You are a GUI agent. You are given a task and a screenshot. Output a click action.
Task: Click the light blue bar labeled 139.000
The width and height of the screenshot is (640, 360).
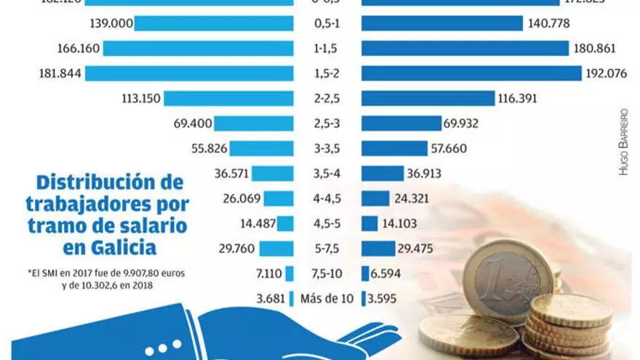214,23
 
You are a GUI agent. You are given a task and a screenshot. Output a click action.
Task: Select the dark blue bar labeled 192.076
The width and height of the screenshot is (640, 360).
471,73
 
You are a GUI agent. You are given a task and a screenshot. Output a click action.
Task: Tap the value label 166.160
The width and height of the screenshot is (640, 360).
78,49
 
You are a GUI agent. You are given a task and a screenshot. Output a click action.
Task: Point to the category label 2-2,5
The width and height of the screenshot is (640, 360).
327,98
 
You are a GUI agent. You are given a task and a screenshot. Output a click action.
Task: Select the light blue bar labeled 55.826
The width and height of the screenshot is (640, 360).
263,148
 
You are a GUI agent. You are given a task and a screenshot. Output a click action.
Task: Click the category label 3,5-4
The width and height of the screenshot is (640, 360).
327,173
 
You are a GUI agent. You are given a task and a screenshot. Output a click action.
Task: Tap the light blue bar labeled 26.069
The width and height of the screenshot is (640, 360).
279,199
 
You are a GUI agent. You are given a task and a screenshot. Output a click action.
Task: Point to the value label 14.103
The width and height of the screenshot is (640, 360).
402,223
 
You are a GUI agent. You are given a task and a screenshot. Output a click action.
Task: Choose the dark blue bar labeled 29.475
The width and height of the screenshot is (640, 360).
377,249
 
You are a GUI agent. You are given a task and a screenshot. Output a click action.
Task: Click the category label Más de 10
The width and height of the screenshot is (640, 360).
327,299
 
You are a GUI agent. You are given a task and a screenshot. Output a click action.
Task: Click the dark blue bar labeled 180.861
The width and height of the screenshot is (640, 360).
465,49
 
